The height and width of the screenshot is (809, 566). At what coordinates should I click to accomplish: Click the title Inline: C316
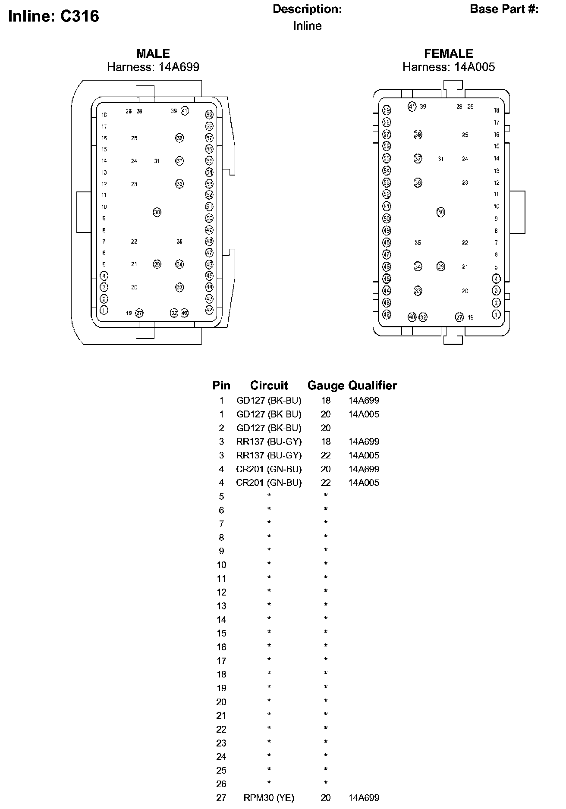[53, 16]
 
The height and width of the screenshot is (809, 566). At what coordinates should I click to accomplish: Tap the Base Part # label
[504, 9]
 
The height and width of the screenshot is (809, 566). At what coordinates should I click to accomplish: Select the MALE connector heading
[153, 54]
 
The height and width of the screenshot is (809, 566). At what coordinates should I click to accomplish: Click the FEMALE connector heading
[449, 54]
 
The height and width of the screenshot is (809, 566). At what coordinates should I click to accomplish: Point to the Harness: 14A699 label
[153, 67]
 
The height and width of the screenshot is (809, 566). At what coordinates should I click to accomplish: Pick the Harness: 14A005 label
[449, 67]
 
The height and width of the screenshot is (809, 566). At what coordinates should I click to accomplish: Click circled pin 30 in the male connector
[157, 212]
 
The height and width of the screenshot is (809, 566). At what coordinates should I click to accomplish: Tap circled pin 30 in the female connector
[441, 212]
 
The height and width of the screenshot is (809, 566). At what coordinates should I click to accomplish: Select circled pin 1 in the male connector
[104, 310]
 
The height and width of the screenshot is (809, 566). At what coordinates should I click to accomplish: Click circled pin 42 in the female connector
[387, 314]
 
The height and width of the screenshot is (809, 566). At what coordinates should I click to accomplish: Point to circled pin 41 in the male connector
[185, 111]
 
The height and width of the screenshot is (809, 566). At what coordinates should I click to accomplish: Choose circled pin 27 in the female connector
[459, 317]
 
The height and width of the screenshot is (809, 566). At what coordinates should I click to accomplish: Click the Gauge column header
[326, 386]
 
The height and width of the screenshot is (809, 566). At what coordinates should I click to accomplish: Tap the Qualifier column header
[373, 386]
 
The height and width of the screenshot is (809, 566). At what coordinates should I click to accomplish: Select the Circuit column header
[269, 386]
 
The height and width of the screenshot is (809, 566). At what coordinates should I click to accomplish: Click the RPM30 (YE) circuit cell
[269, 798]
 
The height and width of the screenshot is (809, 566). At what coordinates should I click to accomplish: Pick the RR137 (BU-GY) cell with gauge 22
[269, 455]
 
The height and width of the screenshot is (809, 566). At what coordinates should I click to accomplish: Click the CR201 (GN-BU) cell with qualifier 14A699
[269, 469]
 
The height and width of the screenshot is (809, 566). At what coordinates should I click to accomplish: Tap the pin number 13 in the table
[221, 606]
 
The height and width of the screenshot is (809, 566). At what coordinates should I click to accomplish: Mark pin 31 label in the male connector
[157, 161]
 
